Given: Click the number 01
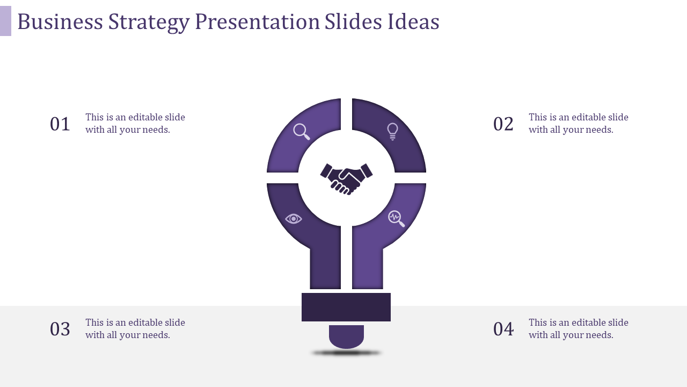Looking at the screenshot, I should [x=60, y=124].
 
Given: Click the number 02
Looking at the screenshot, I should [x=503, y=124].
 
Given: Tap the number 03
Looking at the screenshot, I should [x=60, y=329].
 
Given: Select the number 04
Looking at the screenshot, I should [x=503, y=329].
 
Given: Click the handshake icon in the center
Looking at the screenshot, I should [x=346, y=178].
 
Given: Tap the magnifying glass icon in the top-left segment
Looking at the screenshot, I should [x=302, y=132].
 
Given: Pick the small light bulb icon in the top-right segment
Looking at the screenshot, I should [x=393, y=131].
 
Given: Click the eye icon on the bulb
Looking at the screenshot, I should [x=294, y=219].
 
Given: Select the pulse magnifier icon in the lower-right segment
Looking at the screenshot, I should [x=396, y=218].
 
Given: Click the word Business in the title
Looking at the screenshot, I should [x=60, y=21].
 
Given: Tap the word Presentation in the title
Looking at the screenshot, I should [x=257, y=21].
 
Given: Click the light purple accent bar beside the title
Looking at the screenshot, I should [x=5, y=21].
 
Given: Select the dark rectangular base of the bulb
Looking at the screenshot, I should [x=346, y=307].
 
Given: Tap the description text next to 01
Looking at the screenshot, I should [x=135, y=123].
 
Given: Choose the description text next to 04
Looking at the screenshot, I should [x=579, y=328].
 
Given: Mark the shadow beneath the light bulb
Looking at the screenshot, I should [x=346, y=353].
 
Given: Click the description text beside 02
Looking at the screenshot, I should [x=579, y=123].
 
